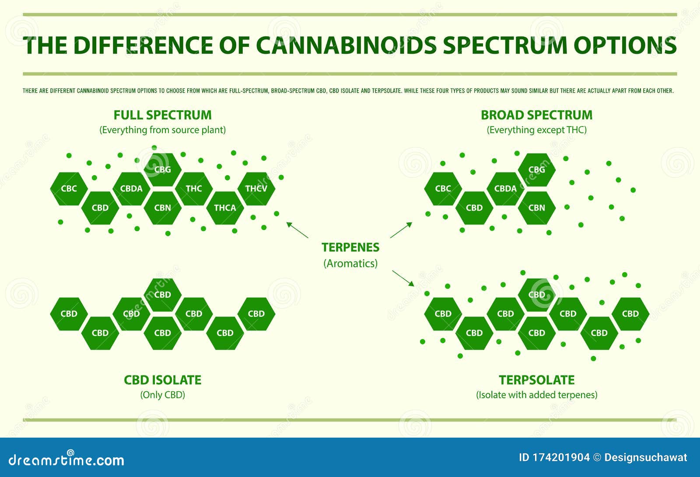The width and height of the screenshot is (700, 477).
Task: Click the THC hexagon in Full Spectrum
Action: (x=194, y=189)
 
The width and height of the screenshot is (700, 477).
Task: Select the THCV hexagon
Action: (x=256, y=189)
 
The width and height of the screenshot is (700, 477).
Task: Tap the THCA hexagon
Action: (x=225, y=208)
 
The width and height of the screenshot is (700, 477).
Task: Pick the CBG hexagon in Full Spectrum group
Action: (x=162, y=169)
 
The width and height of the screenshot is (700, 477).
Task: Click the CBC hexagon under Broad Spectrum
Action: (x=443, y=189)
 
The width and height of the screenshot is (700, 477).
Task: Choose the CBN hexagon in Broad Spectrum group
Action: (x=536, y=208)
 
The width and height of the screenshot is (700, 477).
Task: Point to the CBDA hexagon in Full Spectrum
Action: (x=131, y=189)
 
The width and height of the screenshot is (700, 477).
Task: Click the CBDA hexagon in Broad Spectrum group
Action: (x=505, y=189)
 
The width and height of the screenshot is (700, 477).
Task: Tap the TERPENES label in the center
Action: (x=350, y=247)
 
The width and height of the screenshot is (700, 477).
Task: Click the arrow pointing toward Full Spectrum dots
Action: (x=297, y=230)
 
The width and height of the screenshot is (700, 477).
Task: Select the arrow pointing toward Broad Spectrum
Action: (x=401, y=230)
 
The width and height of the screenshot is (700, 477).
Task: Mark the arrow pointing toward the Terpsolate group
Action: (x=403, y=278)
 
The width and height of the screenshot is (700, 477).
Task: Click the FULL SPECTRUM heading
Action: (x=162, y=115)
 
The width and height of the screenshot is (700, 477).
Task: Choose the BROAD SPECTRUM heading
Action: (x=536, y=115)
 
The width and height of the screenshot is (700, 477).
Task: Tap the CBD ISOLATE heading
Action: (x=162, y=380)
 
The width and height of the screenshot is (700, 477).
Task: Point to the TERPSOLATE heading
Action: (x=536, y=380)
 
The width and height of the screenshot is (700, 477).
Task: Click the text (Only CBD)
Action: (x=162, y=395)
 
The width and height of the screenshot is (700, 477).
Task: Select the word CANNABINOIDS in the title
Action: (x=346, y=45)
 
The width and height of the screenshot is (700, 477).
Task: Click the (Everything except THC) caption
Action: (x=536, y=130)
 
